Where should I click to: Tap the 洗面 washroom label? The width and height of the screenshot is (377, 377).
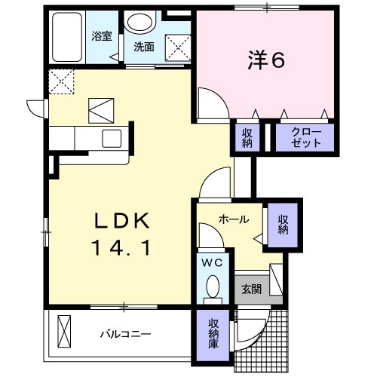coord(144,46)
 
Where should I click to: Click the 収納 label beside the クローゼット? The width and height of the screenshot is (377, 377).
coord(247,137)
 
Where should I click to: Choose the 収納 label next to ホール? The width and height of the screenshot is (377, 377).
coord(283,224)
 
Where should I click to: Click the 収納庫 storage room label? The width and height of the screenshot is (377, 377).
coord(214,332)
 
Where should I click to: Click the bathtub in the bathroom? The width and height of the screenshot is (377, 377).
coord(69,37)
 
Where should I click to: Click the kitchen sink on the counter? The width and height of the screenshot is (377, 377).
coord(112,139)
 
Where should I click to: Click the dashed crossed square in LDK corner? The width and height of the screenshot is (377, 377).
coord(60,80)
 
